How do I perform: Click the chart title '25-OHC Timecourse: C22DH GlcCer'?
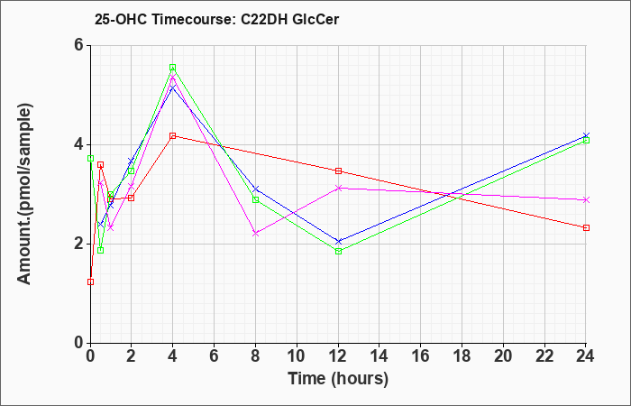pos(216,19)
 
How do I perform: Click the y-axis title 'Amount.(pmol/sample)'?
pos(24,194)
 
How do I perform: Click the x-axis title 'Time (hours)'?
pos(338,379)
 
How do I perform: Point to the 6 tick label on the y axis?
pos(78,45)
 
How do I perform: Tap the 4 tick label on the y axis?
pos(78,144)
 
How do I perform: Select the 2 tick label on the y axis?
pos(78,244)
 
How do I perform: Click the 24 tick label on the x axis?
pos(585,356)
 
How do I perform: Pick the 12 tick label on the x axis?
pos(338,356)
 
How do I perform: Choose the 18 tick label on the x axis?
pos(462,356)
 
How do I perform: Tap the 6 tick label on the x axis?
pos(215,356)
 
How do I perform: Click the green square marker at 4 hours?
pos(173,68)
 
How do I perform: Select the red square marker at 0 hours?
pos(90,281)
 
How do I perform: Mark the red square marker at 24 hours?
pos(586,227)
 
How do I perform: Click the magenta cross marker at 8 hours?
pos(255,233)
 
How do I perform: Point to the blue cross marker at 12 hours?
pos(338,241)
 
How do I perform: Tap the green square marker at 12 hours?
pos(338,252)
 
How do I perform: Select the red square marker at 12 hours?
pos(338,171)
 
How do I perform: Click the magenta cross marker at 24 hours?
pos(586,199)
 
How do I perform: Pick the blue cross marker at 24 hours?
pos(586,135)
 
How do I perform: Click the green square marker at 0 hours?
pos(90,158)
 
